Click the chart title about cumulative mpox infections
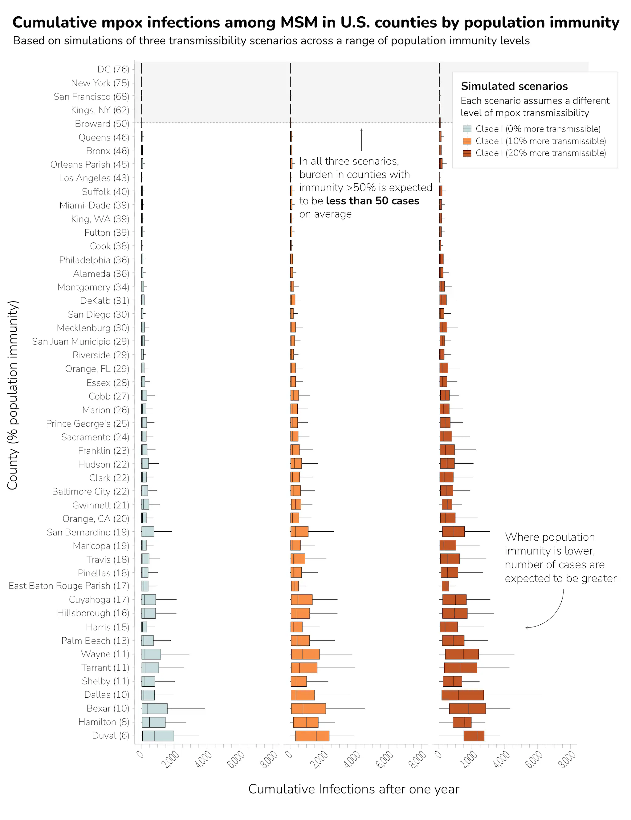[x=315, y=22]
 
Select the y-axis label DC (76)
[x=113, y=69]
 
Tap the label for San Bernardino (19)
[x=88, y=532]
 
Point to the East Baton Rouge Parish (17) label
[x=69, y=586]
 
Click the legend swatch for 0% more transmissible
[x=467, y=129]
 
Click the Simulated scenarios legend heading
[x=514, y=86]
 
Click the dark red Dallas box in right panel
[x=462, y=695]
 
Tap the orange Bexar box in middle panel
[x=308, y=708]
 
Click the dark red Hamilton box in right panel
[x=462, y=722]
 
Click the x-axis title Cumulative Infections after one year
[x=353, y=789]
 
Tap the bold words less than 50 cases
[x=372, y=201]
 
